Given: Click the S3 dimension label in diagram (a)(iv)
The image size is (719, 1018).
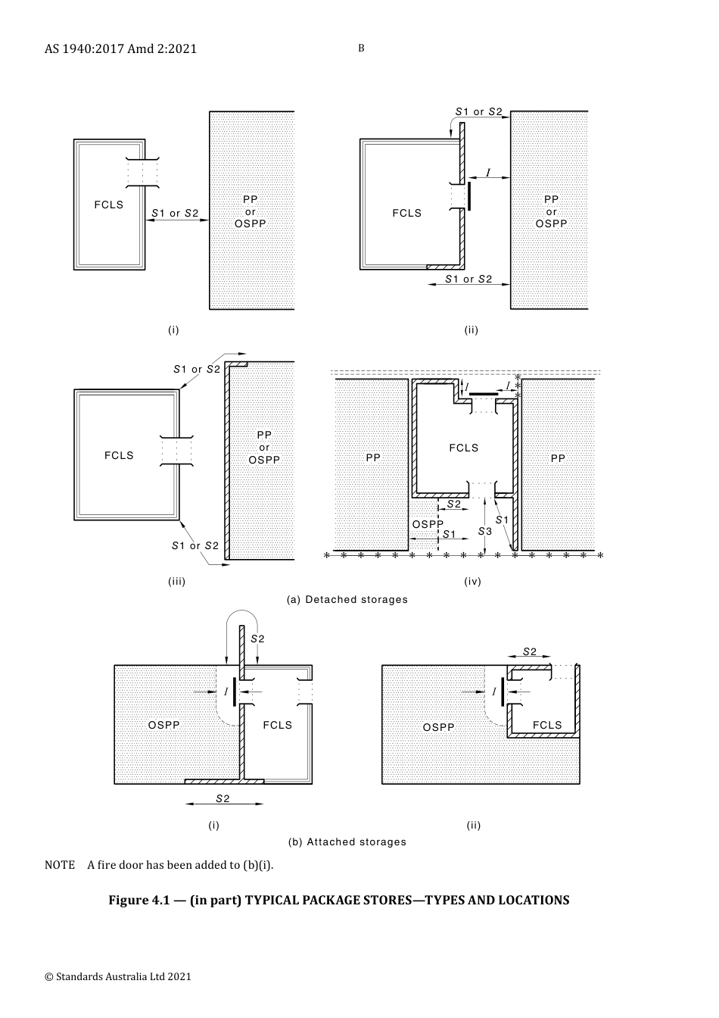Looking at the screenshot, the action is tap(485, 531).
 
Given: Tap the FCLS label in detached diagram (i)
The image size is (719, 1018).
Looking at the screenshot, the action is tap(108, 205).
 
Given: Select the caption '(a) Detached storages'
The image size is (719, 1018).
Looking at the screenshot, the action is tap(347, 599).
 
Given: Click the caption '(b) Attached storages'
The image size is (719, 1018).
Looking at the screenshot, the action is tap(347, 842).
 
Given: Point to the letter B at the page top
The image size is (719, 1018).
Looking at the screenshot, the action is tap(361, 48).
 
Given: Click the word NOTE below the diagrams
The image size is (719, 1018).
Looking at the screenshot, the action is tap(60, 864).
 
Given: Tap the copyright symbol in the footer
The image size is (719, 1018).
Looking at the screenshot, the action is tap(49, 976).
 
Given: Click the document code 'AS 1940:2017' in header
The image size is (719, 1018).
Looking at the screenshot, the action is tap(84, 48).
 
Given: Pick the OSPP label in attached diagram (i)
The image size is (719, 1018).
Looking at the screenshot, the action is tap(164, 725).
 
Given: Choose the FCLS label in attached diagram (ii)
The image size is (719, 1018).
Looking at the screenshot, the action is tap(547, 725).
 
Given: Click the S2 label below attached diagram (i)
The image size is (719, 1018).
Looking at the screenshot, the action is tap(223, 798).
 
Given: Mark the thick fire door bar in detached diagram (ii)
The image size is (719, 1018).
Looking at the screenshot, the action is tap(468, 196).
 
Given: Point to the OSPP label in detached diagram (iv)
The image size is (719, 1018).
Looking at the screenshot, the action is tap(428, 524).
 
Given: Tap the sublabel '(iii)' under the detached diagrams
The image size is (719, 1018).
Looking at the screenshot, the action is tap(176, 581).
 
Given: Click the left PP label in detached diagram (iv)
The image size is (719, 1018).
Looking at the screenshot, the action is tap(373, 457).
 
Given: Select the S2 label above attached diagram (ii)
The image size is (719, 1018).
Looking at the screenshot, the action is tap(530, 651).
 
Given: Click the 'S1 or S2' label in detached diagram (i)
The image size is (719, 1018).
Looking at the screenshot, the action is tap(175, 213).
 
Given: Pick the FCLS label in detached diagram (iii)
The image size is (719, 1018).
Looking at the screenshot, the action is tap(119, 455).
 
